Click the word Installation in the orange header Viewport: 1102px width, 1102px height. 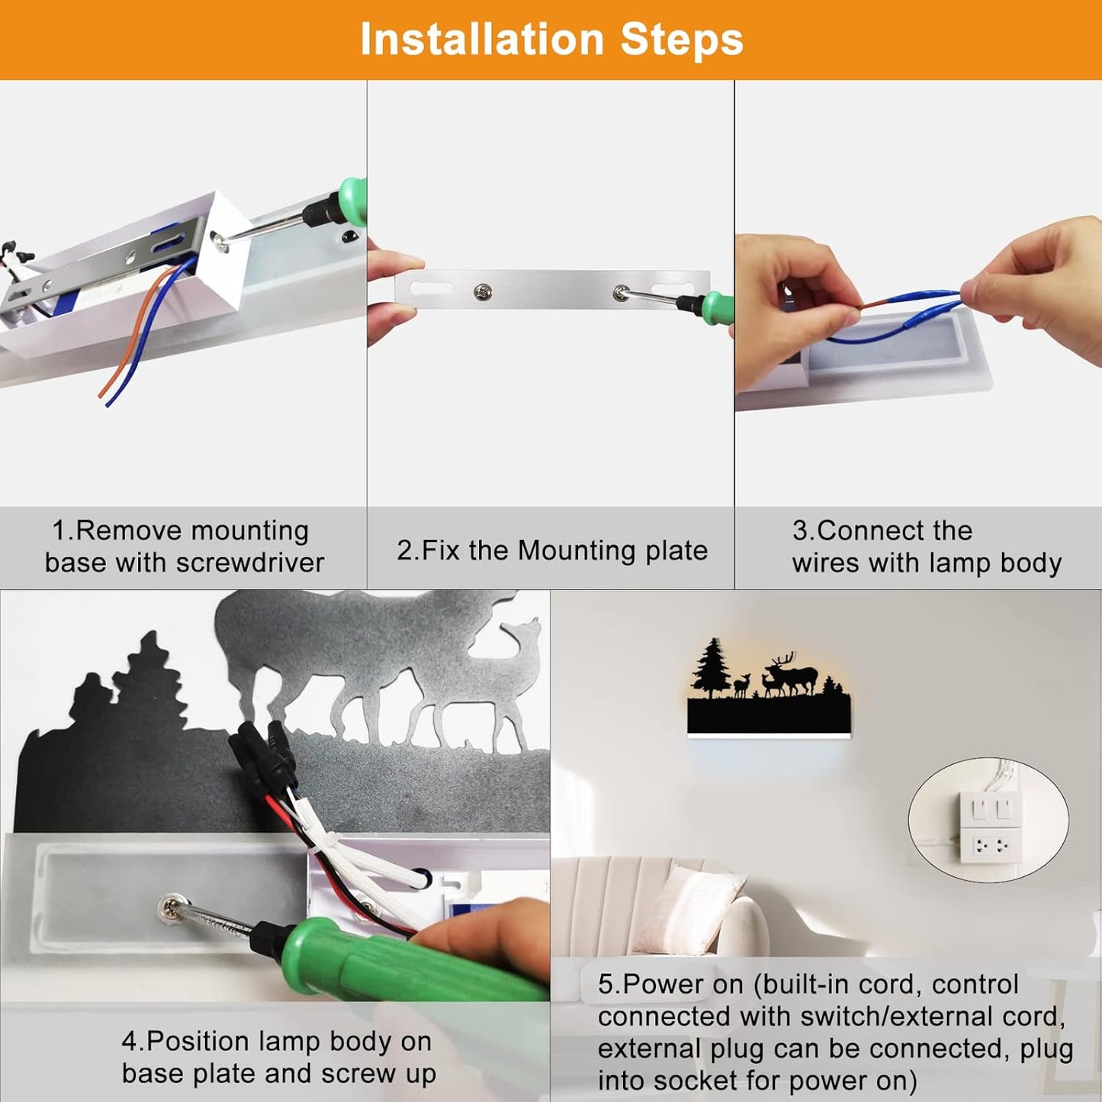[x=482, y=39]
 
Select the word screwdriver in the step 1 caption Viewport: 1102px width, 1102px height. [x=250, y=563]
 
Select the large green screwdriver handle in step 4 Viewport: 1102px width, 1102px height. [x=400, y=961]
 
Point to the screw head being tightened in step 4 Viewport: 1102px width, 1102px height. [x=170, y=908]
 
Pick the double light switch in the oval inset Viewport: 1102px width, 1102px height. [x=990, y=808]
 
